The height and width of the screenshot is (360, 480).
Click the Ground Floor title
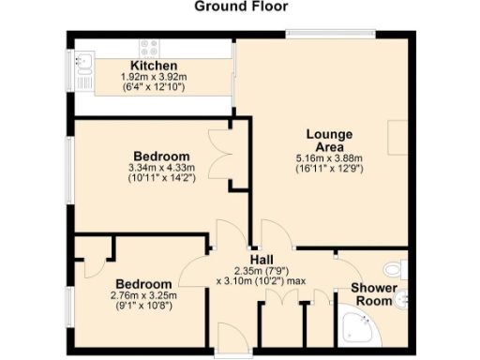(240, 7)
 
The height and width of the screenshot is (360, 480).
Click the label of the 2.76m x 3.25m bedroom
(142, 284)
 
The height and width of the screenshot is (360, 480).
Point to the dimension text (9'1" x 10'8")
(142, 306)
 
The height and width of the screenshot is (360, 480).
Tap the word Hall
(261, 259)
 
